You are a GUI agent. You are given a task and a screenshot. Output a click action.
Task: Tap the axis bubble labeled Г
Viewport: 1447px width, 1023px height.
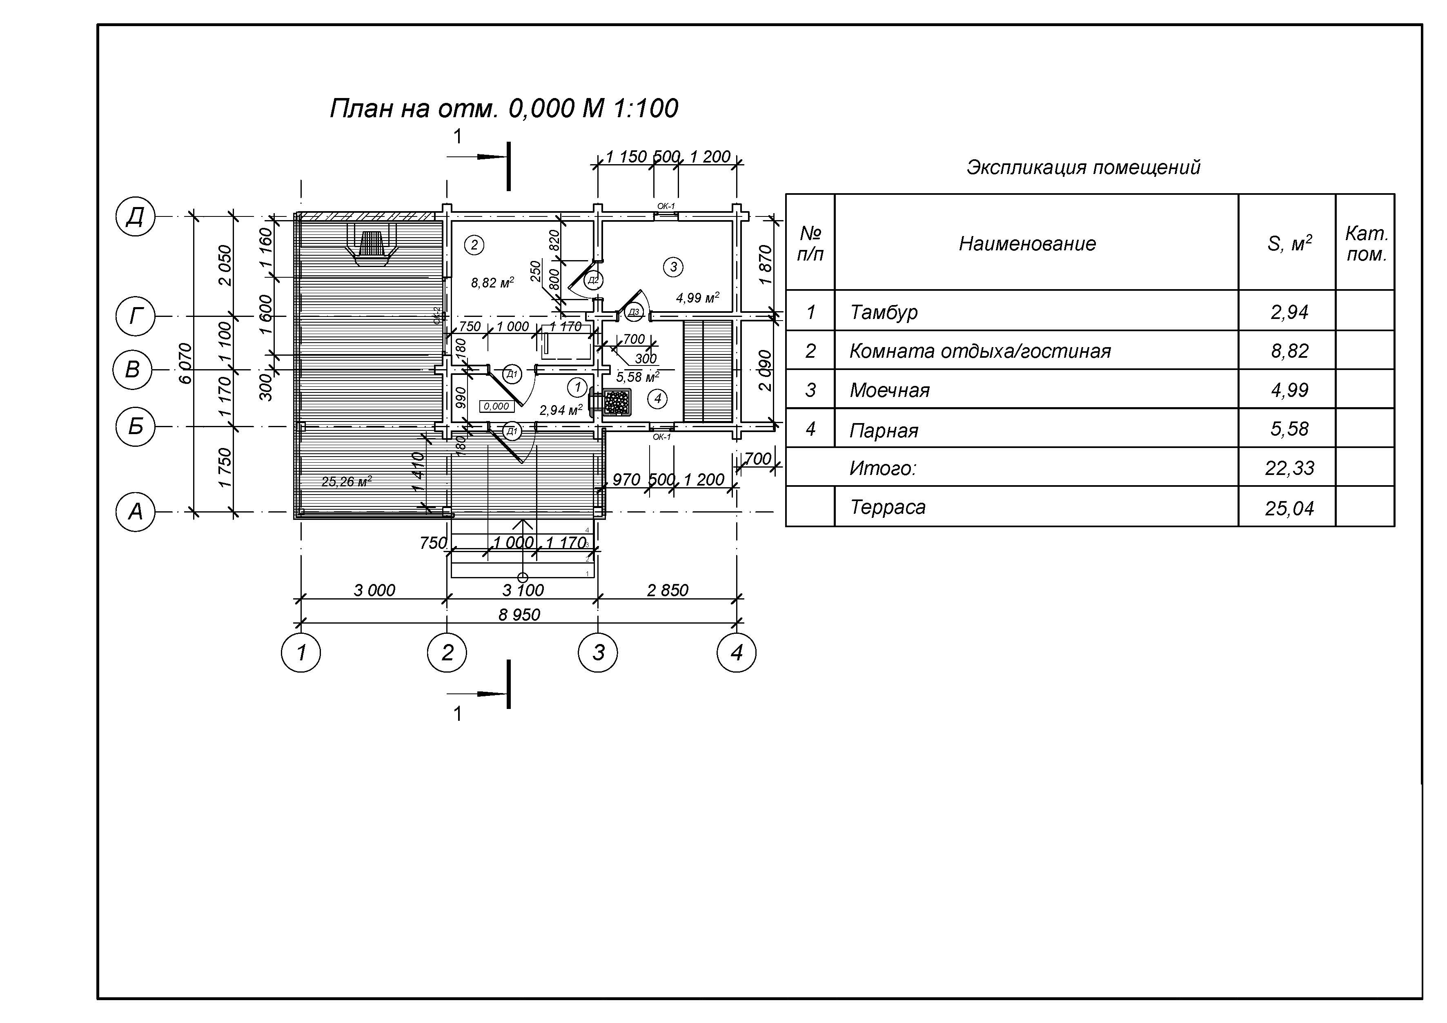coord(135,316)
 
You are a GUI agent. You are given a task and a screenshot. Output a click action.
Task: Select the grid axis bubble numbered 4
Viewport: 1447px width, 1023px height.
coord(736,652)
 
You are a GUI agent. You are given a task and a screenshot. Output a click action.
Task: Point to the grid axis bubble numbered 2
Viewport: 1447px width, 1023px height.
coord(447,652)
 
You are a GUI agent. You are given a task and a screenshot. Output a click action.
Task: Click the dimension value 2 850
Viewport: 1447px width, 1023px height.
coord(668,591)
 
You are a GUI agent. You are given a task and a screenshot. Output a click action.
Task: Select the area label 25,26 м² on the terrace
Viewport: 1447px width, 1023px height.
coord(346,481)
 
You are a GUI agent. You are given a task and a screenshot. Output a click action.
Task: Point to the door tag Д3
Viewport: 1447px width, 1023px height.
coord(633,312)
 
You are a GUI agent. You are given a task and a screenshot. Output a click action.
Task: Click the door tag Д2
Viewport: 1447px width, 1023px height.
coord(592,279)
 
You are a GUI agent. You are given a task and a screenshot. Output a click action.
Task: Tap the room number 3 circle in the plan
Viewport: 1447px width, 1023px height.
coord(673,267)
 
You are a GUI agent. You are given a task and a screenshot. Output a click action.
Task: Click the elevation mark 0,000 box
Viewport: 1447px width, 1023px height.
coord(496,407)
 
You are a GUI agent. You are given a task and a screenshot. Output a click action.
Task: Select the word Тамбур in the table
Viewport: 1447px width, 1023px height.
coord(884,312)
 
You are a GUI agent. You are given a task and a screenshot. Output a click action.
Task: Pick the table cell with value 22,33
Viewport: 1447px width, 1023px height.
coord(1289,468)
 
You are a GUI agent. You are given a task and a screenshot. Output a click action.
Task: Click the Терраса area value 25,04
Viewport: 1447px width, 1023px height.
coord(1289,508)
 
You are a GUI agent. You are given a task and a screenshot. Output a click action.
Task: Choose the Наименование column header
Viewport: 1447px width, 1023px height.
coord(1027,243)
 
